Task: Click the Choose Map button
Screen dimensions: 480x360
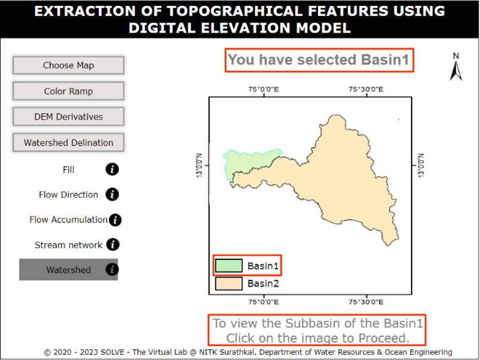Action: click(68, 65)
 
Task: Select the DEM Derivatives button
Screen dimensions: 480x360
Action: click(68, 117)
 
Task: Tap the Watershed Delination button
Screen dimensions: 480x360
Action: click(68, 143)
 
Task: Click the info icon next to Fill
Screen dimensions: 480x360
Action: click(112, 169)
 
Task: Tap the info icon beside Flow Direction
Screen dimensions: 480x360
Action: click(112, 194)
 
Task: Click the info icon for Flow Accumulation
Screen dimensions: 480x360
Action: click(115, 220)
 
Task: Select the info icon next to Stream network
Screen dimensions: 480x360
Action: click(113, 245)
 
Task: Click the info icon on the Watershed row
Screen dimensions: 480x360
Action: click(112, 270)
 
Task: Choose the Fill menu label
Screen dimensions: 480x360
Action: click(68, 170)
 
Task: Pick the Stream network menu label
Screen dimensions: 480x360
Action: click(68, 245)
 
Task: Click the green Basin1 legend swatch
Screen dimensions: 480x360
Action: click(229, 265)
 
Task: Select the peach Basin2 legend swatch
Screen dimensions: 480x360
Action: click(229, 283)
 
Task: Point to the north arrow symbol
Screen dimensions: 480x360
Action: click(456, 71)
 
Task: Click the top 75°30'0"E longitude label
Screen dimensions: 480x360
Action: click(366, 89)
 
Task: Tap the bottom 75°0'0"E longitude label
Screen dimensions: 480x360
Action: click(264, 302)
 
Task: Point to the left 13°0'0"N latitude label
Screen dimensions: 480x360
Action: click(200, 165)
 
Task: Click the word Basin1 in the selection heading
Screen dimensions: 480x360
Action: click(385, 60)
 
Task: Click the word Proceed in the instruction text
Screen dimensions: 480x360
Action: click(384, 339)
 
